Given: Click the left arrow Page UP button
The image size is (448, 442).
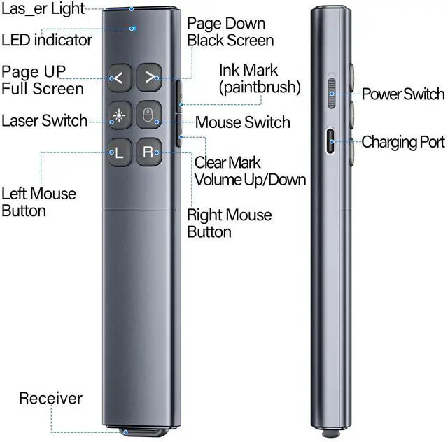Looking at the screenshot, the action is pos(118,78).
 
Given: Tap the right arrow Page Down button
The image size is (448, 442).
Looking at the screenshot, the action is pos(149,78).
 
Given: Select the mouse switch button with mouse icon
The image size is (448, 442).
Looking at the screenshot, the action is pos(149,115).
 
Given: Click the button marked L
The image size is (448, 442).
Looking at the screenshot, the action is pos(118,152).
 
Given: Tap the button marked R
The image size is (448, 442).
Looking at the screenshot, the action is pos(149,152).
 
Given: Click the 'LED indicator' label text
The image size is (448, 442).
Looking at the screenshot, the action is pos(46,40).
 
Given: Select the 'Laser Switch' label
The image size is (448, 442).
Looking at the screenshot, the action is pos(44,120).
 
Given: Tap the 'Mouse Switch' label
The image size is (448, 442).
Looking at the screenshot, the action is pos(242,122).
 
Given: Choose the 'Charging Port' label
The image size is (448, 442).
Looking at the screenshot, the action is pos(402,142).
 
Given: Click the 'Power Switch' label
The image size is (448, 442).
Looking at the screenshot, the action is pos(402,94).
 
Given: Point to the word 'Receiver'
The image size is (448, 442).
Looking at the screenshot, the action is pos(50,399).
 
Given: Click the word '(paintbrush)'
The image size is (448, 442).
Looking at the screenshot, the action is pos(259,87).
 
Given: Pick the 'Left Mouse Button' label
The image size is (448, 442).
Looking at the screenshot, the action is pos(38,202).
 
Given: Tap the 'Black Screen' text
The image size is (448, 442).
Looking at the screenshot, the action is pos(230,39).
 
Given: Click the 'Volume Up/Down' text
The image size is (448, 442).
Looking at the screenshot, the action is pos(251,180).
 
